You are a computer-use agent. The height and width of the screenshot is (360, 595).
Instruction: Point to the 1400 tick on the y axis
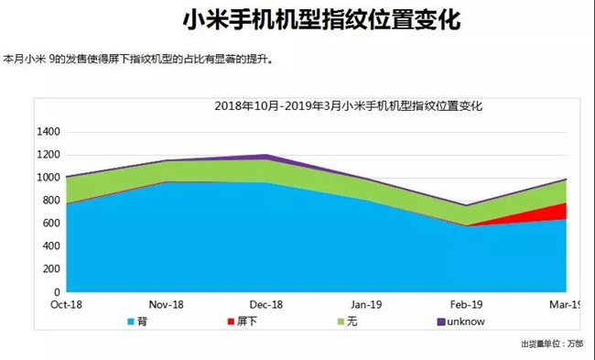coord(48,132)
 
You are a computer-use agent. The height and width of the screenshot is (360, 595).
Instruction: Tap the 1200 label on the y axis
coord(48,155)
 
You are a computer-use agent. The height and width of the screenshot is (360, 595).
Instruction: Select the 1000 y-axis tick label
coord(48,178)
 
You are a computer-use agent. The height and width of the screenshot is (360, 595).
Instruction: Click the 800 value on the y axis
coord(51,201)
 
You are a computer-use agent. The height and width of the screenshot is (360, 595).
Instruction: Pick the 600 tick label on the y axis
coord(51,224)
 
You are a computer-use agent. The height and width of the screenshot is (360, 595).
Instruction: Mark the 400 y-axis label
coord(51,246)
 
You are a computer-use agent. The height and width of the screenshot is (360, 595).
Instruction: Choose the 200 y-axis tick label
coord(51,269)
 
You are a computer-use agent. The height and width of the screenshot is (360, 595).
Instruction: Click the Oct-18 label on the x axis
coord(68,304)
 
